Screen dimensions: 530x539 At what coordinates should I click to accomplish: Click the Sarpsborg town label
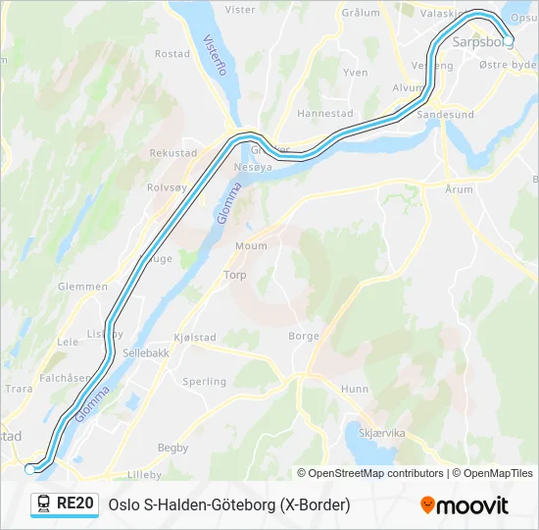coord(484,43)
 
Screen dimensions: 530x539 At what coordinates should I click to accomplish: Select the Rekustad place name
coord(172,153)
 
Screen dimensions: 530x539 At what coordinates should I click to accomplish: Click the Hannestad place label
coord(324,114)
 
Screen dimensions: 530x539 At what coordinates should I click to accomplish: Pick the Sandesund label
coord(445,115)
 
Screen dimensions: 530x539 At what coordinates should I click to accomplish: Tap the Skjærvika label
coord(381,433)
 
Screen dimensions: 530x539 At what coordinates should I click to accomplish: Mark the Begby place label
coord(172,448)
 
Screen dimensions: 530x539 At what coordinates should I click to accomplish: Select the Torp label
coord(235,276)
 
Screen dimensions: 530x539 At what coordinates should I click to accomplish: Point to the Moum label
coord(251,246)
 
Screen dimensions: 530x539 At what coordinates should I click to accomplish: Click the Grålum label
coord(360,13)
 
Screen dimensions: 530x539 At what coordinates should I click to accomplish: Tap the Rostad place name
coord(172,54)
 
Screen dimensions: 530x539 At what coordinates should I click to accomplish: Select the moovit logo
coord(465,504)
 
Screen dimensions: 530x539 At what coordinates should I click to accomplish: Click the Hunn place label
coord(354,390)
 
